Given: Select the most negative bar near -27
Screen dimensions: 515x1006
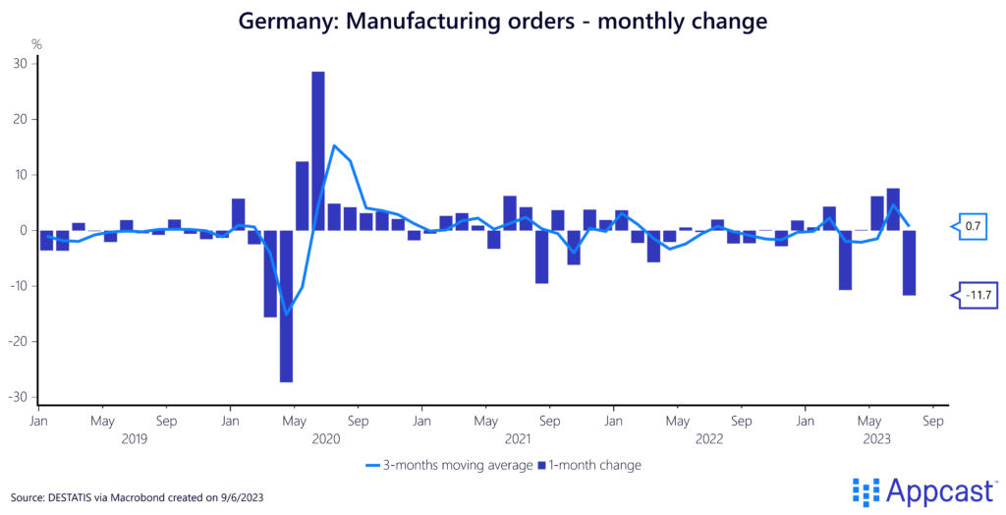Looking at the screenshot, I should coord(286,306).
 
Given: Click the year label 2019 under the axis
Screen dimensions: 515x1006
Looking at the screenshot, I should coord(135,438).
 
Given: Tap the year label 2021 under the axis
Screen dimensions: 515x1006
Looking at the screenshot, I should coord(519,438).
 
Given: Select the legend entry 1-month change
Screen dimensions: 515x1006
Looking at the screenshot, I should coord(591,465).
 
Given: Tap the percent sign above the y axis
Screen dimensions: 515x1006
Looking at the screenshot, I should coord(36,43).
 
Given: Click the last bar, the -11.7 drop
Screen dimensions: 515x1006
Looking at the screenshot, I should coord(910,262).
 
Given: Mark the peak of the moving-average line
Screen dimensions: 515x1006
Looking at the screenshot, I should coord(334,145).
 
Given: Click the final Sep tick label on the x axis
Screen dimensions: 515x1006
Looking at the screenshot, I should coord(933,421).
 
